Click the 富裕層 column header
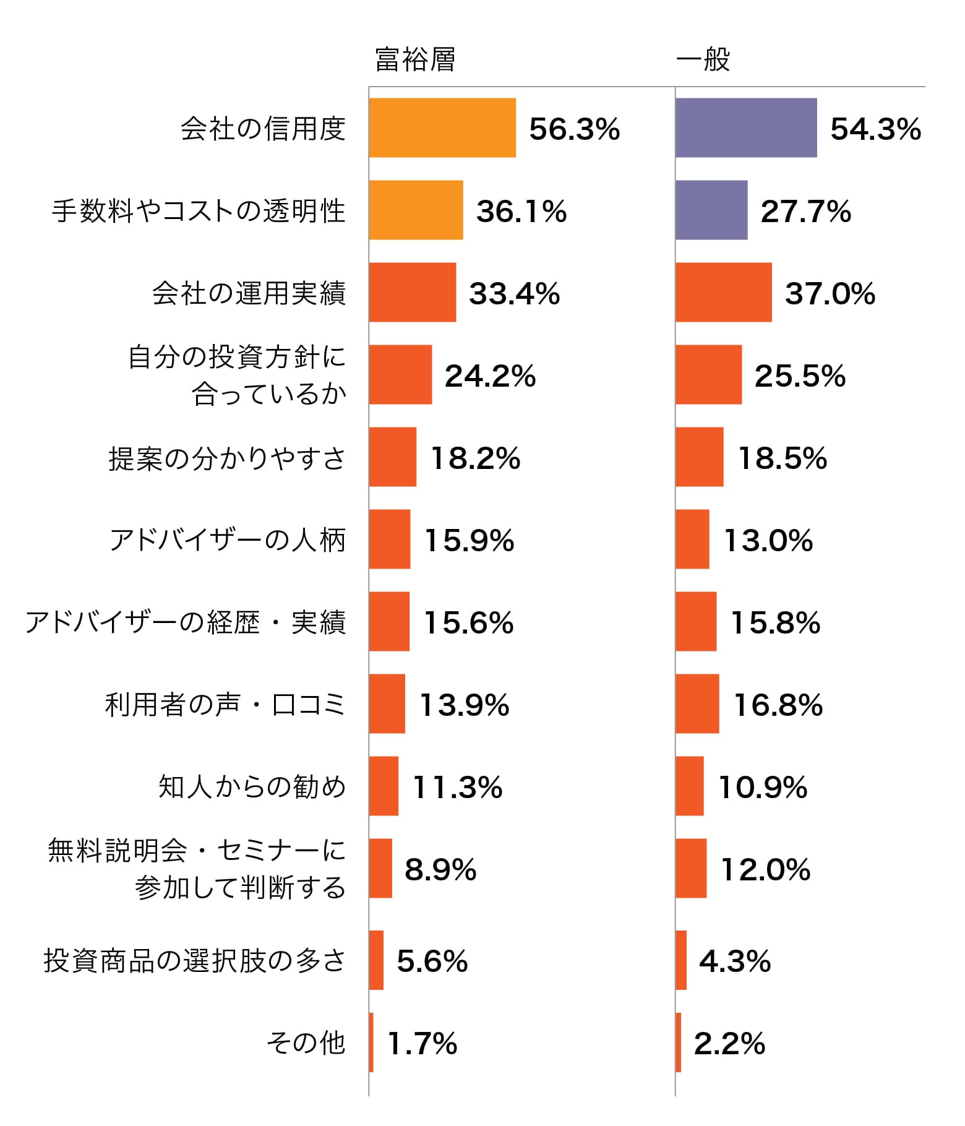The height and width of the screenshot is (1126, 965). (x=415, y=60)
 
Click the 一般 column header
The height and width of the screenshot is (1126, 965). (x=703, y=60)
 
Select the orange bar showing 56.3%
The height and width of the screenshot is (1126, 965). (x=442, y=128)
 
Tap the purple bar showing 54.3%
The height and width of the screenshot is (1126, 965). (x=746, y=128)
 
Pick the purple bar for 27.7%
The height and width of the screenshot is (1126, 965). (x=711, y=210)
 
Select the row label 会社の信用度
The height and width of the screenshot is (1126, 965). (x=263, y=129)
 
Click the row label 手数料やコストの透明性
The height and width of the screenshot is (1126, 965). (x=199, y=211)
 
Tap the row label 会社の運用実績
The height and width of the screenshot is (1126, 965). (x=249, y=293)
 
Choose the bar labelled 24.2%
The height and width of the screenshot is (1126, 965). (x=400, y=375)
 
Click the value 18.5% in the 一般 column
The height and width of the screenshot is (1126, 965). (x=783, y=458)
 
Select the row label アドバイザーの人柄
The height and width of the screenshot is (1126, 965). (x=228, y=540)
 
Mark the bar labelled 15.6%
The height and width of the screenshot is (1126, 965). (x=389, y=622)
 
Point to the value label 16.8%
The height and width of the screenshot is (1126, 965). (x=778, y=705)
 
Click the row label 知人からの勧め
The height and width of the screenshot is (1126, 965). (x=252, y=787)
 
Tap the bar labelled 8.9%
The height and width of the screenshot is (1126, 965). (x=380, y=869)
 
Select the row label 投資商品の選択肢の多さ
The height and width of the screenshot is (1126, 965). (x=194, y=961)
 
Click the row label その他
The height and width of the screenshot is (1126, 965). (x=306, y=1043)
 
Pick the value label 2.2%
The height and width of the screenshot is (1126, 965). (x=729, y=1044)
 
